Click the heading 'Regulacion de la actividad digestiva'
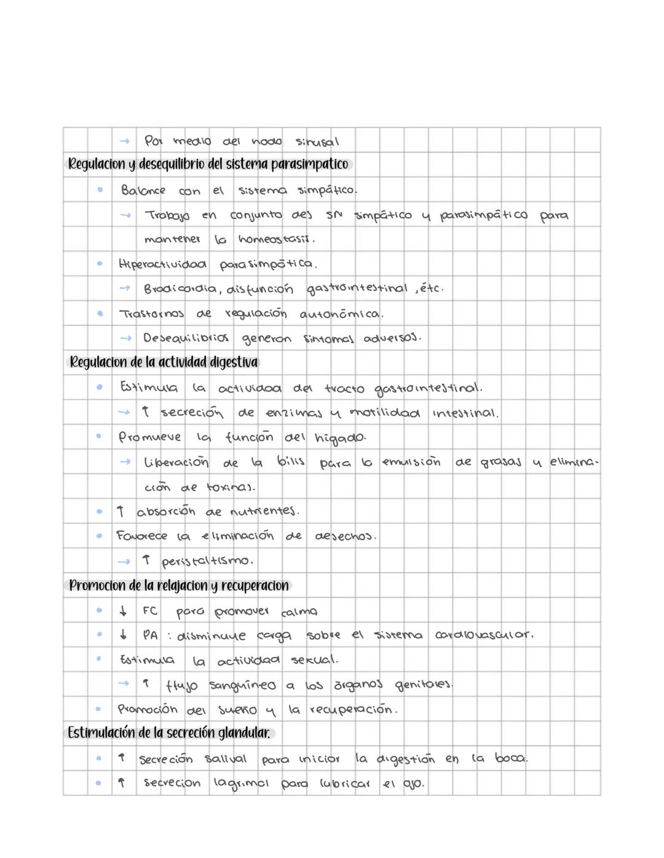point(164,362)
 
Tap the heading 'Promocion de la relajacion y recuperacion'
point(178,586)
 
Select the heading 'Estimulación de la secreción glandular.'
point(169,733)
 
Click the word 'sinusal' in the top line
point(317,142)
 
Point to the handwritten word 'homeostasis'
point(277,239)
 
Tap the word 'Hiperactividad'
point(163,264)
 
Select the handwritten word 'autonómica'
point(341,314)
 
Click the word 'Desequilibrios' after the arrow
point(186,338)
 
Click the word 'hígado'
point(340,438)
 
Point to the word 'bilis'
point(291,461)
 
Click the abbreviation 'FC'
point(149,611)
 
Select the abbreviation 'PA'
point(150,635)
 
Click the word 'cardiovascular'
point(484,635)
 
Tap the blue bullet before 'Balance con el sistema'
point(100,190)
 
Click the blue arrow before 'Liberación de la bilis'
point(125,462)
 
